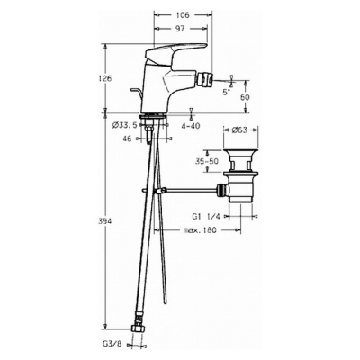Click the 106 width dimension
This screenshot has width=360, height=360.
183,14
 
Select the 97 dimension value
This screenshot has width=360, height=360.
180,29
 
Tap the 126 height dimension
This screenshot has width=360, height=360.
105,78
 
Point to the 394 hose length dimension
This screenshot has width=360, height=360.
105,221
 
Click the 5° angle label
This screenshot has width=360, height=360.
227,93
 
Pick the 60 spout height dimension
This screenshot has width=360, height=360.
245,97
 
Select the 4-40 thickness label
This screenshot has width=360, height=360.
190,126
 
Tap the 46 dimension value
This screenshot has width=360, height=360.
127,139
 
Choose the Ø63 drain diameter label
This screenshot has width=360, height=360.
239,130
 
